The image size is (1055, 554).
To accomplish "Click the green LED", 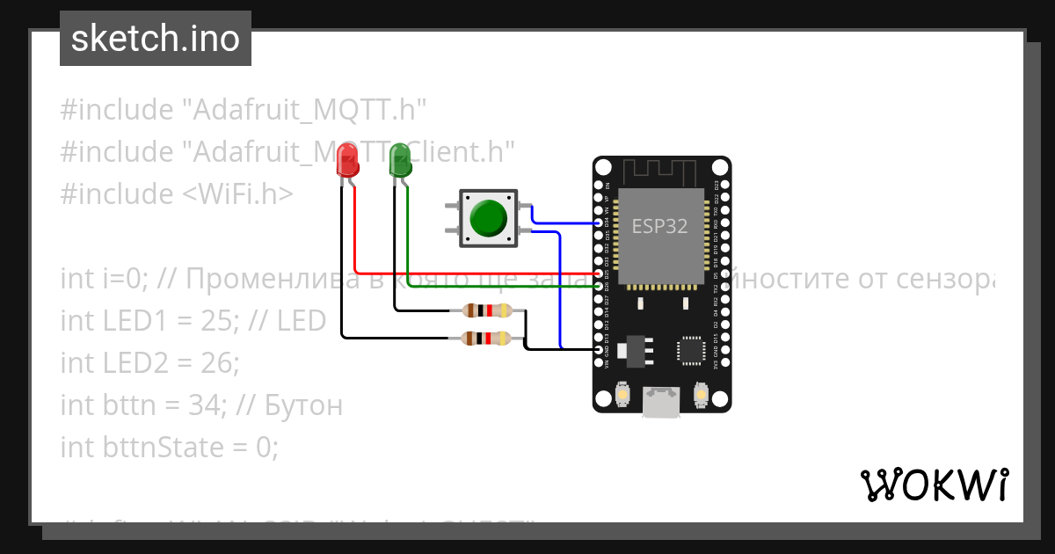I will coord(400,161).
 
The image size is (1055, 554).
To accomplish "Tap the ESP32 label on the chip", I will coord(659,226).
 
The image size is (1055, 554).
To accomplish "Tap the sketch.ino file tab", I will coord(156,39).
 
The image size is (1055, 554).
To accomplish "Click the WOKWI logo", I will coord(934,485).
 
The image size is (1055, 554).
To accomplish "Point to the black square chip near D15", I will coord(690,350).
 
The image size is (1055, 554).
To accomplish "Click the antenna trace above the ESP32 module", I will coord(661,170).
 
